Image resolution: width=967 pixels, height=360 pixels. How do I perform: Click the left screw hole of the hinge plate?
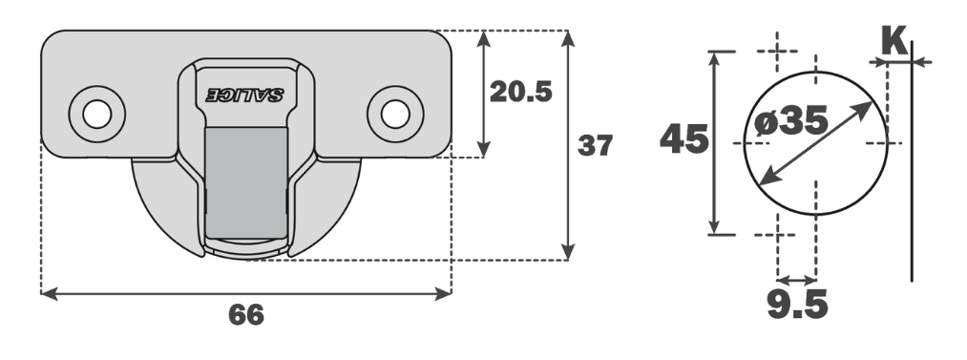pyautogui.click(x=95, y=113)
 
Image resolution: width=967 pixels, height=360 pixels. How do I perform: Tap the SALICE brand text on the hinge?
pyautogui.click(x=245, y=95)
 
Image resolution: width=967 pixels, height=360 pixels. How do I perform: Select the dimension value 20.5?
pyautogui.click(x=521, y=92)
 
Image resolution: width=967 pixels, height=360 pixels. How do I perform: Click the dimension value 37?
pyautogui.click(x=595, y=146)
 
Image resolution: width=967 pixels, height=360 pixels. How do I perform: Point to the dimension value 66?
pyautogui.click(x=245, y=314)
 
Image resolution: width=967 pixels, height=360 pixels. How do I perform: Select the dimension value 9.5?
pyautogui.click(x=797, y=305)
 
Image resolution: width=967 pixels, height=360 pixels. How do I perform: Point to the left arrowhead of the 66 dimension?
pyautogui.click(x=48, y=294)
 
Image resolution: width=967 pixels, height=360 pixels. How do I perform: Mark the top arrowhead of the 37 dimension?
pyautogui.click(x=569, y=38)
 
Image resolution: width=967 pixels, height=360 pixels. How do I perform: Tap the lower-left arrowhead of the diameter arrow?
pyautogui.click(x=751, y=181)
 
